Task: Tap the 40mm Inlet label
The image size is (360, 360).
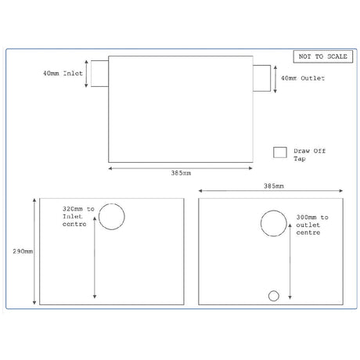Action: click(63, 72)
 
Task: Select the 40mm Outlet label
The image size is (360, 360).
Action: click(301, 78)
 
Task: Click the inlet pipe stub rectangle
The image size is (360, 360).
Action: click(98, 73)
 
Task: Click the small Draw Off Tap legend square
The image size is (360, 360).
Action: click(279, 153)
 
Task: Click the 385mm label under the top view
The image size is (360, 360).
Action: click(182, 174)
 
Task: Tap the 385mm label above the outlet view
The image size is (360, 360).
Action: click(273, 187)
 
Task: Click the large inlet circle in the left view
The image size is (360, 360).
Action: click(111, 216)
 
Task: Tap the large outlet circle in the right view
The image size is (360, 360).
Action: click(273, 224)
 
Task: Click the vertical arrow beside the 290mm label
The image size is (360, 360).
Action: click(34, 252)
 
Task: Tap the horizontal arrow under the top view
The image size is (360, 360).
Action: click(182, 167)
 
